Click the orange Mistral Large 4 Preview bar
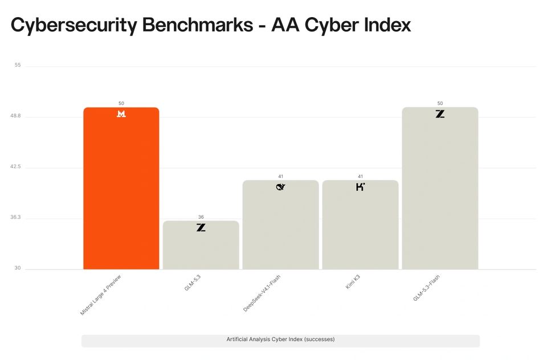[x=121, y=189]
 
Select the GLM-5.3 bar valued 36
[x=201, y=245]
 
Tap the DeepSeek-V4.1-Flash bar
[x=280, y=224]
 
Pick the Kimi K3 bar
[x=360, y=224]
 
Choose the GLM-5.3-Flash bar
[x=440, y=189]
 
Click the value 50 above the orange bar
[x=121, y=103]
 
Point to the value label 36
[x=201, y=217]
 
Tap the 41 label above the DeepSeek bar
[x=280, y=177]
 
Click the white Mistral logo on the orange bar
[x=121, y=114]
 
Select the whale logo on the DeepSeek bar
[x=280, y=187]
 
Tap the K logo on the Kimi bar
[x=360, y=187]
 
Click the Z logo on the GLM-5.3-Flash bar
[x=440, y=114]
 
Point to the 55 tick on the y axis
[x=18, y=65]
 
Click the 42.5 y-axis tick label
[x=15, y=166]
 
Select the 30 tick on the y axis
[x=18, y=268]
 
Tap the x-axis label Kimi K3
[x=353, y=282]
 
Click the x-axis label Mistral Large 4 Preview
[x=100, y=295]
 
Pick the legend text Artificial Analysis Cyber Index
[x=264, y=339]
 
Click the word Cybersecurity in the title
[x=74, y=26]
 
